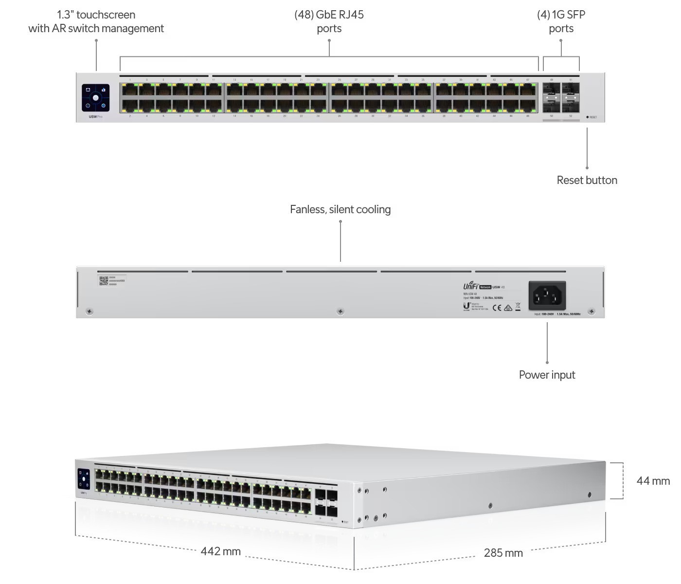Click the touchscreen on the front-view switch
[x=95, y=98]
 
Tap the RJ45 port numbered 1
[x=130, y=90]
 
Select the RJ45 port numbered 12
[x=214, y=105]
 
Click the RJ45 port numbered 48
[x=528, y=105]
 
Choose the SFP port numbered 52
[x=571, y=105]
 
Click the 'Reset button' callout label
[x=587, y=180]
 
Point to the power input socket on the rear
[x=547, y=295]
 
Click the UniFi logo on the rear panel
[x=470, y=286]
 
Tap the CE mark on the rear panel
[x=497, y=308]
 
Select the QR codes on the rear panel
[x=104, y=281]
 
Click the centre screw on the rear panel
[x=340, y=311]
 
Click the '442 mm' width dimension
[x=220, y=551]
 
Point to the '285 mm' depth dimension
[x=503, y=553]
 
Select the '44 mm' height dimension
[x=653, y=481]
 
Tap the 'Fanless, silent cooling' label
[x=340, y=209]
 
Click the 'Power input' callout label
[x=547, y=375]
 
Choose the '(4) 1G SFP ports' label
[x=561, y=21]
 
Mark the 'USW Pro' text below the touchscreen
[x=95, y=117]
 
